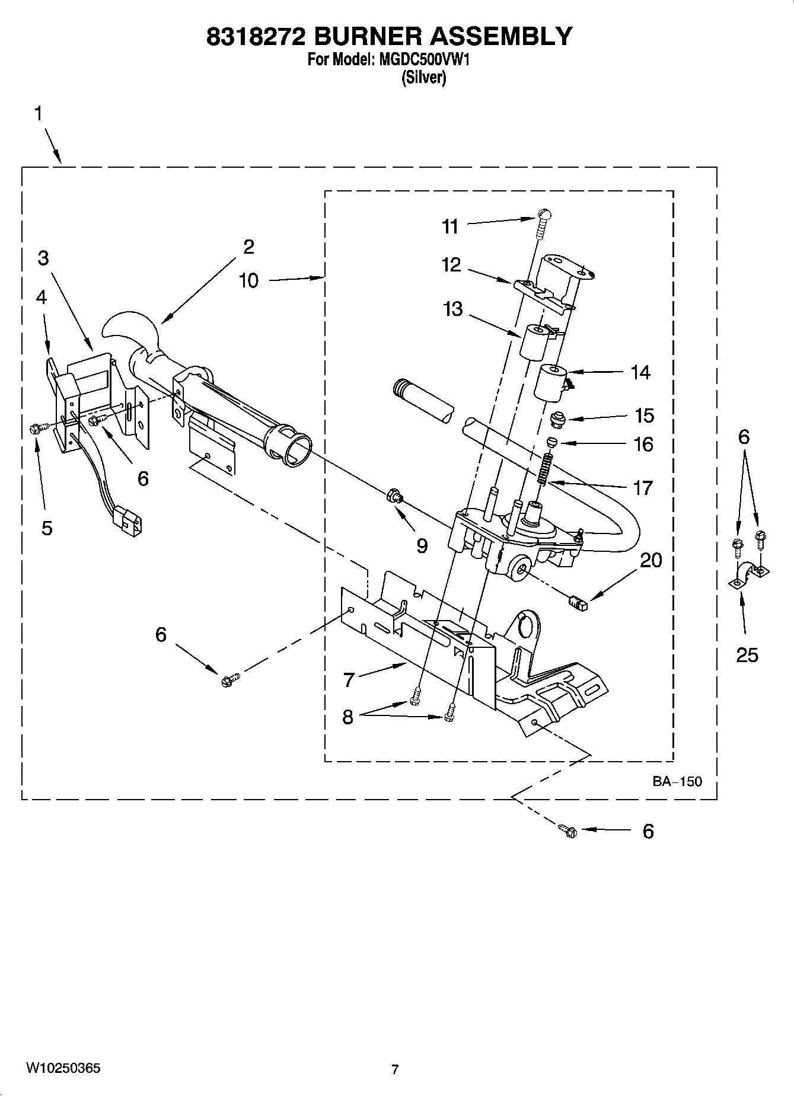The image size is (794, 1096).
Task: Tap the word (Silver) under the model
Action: tap(423, 78)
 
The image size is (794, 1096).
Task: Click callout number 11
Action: tap(450, 226)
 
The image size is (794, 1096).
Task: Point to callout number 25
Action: tap(747, 654)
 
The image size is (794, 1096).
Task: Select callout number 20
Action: tap(650, 560)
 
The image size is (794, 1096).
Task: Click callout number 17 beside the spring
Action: tap(643, 488)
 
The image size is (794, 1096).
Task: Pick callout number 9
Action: tap(422, 545)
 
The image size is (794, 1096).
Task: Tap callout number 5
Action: tap(47, 528)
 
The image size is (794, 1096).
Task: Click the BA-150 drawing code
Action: tap(677, 781)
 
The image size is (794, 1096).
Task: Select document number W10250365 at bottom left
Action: tap(63, 1068)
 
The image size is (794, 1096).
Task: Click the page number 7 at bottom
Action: tap(395, 1069)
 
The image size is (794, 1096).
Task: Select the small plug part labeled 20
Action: tap(576, 603)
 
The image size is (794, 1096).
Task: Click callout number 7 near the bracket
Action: tap(349, 679)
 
